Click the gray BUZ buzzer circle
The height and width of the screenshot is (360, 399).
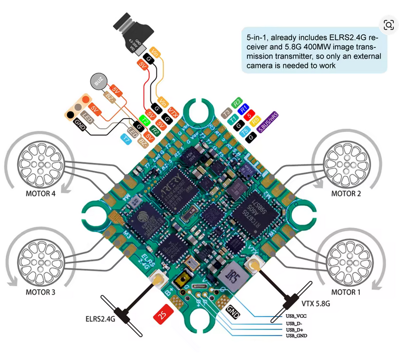99,82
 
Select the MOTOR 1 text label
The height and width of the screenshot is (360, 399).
346,292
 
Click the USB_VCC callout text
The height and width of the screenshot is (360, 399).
296,316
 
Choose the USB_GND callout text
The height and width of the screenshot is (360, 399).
296,336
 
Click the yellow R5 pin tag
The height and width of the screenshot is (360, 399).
256,120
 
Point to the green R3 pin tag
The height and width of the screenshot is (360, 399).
237,102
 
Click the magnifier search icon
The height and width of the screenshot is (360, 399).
388,25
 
